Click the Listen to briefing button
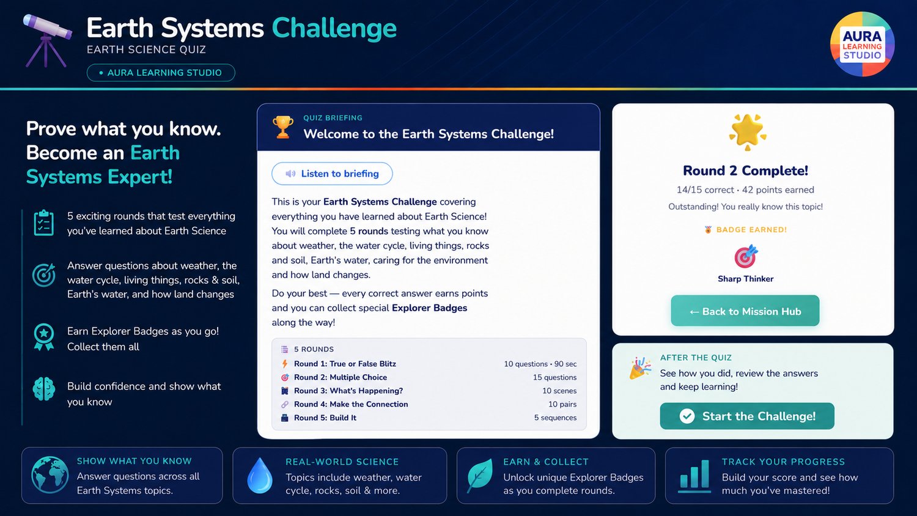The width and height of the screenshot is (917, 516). pos(332,174)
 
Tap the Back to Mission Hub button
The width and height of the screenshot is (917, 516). pos(745,311)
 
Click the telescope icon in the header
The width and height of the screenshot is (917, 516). pos(46,40)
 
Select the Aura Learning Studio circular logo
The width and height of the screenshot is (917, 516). pos(862,44)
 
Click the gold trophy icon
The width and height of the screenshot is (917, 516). pos(283,127)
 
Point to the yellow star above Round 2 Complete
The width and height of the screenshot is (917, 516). pos(748,132)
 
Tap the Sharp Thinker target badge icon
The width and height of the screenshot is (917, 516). pos(746,256)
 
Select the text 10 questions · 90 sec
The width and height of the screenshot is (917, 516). pos(540,364)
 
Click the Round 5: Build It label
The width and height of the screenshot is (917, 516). pos(325,418)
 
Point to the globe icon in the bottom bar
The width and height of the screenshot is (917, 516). pos(50,475)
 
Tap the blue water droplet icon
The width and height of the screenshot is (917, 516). pos(260,476)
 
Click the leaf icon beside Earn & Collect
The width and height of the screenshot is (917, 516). pos(480,476)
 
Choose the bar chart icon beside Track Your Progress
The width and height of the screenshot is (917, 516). pos(694,476)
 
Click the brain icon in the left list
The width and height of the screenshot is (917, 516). pos(44,389)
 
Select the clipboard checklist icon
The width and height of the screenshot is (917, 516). pos(44,223)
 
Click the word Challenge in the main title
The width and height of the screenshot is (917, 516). pos(334,29)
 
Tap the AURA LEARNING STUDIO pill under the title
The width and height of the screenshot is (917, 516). pos(161,73)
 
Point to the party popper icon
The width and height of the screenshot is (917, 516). pos(640,368)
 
